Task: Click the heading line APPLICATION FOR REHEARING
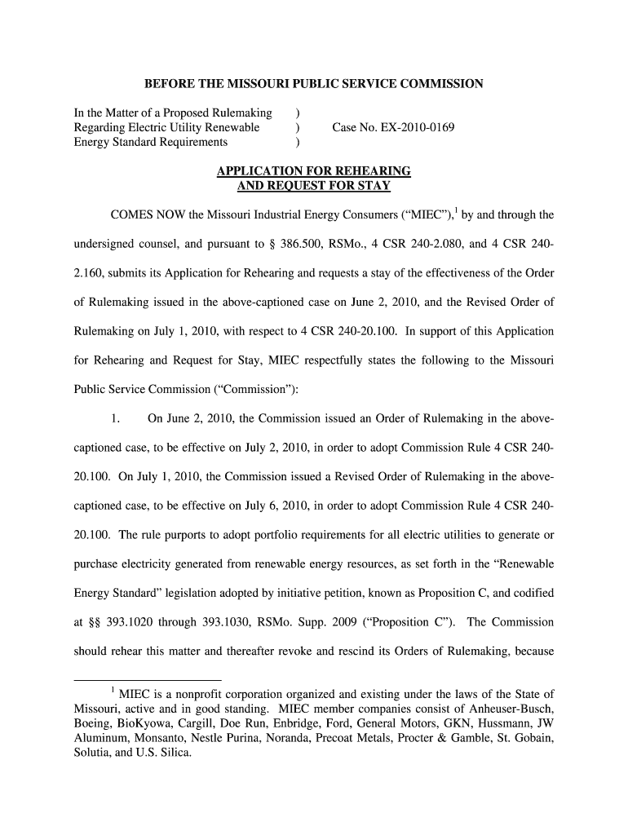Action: (313, 171)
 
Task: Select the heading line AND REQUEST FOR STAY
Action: (313, 185)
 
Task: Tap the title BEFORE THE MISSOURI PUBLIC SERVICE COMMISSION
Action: (314, 84)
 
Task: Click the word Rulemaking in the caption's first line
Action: (243, 113)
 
